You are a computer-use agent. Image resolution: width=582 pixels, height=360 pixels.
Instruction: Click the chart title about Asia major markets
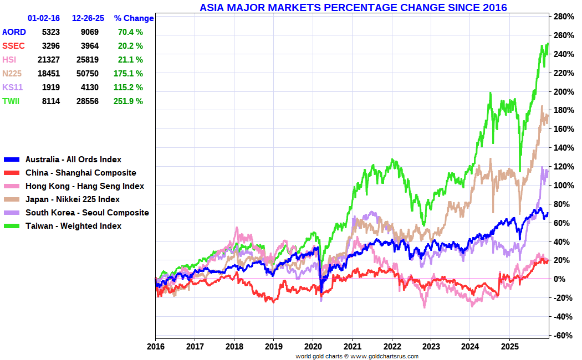click(353, 8)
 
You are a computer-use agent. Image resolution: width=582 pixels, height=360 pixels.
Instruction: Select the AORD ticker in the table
click(14, 32)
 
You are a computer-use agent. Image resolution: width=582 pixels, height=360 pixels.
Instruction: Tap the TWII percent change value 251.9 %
click(130, 101)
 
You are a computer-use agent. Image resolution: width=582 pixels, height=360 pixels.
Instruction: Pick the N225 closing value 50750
click(88, 74)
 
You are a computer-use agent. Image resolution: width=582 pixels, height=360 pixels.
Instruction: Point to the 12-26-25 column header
click(88, 18)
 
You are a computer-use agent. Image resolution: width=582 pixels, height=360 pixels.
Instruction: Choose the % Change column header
click(134, 18)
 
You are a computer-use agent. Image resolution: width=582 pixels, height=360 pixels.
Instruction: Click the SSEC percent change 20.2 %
click(130, 46)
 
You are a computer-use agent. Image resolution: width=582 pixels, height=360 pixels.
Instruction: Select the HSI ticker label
click(9, 60)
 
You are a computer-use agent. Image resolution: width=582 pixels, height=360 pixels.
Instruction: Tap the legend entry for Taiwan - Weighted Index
click(73, 226)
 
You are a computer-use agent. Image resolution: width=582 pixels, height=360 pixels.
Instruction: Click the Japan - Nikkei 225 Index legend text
click(72, 199)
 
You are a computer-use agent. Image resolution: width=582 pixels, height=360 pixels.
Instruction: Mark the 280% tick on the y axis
click(563, 17)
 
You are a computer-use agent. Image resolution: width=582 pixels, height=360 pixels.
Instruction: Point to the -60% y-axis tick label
click(562, 336)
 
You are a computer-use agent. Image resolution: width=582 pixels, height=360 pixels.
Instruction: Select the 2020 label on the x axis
click(313, 347)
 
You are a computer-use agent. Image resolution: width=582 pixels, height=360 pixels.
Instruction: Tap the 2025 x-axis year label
click(509, 347)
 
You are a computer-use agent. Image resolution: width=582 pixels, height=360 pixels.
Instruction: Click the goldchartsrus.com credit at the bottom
click(357, 356)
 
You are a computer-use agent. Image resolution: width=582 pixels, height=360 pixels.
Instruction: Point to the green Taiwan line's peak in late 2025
click(547, 44)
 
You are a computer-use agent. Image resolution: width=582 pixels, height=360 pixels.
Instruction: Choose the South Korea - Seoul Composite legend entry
click(87, 213)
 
